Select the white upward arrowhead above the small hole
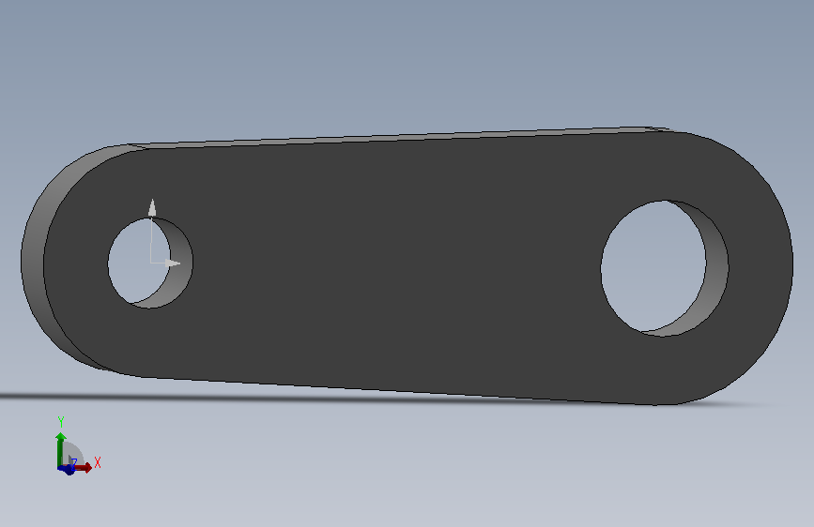[152, 207]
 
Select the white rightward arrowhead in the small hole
[173, 263]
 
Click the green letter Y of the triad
[61, 422]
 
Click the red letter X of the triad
[97, 462]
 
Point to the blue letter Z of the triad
[74, 462]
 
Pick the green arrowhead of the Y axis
[61, 436]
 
